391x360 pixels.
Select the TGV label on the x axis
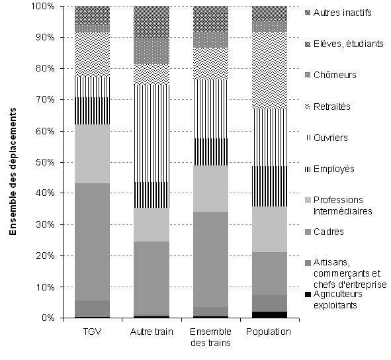[92, 332]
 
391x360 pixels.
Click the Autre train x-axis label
[152, 332]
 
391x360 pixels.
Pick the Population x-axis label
[269, 332]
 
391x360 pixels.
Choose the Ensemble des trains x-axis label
[210, 337]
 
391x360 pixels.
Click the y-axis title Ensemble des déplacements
[13, 171]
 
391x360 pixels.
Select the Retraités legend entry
[327, 107]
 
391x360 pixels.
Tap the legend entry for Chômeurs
[330, 75]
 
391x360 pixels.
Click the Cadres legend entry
[324, 232]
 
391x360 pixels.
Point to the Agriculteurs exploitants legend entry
[333, 299]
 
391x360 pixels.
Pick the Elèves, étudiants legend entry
[344, 44]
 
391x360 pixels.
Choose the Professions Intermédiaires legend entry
[338, 206]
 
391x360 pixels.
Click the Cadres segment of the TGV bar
[92, 242]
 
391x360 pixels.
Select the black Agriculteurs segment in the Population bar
[269, 314]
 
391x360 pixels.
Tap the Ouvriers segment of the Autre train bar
[152, 133]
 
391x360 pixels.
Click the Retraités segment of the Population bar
[269, 70]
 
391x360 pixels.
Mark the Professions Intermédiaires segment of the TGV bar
[92, 154]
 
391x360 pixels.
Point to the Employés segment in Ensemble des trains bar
[210, 152]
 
